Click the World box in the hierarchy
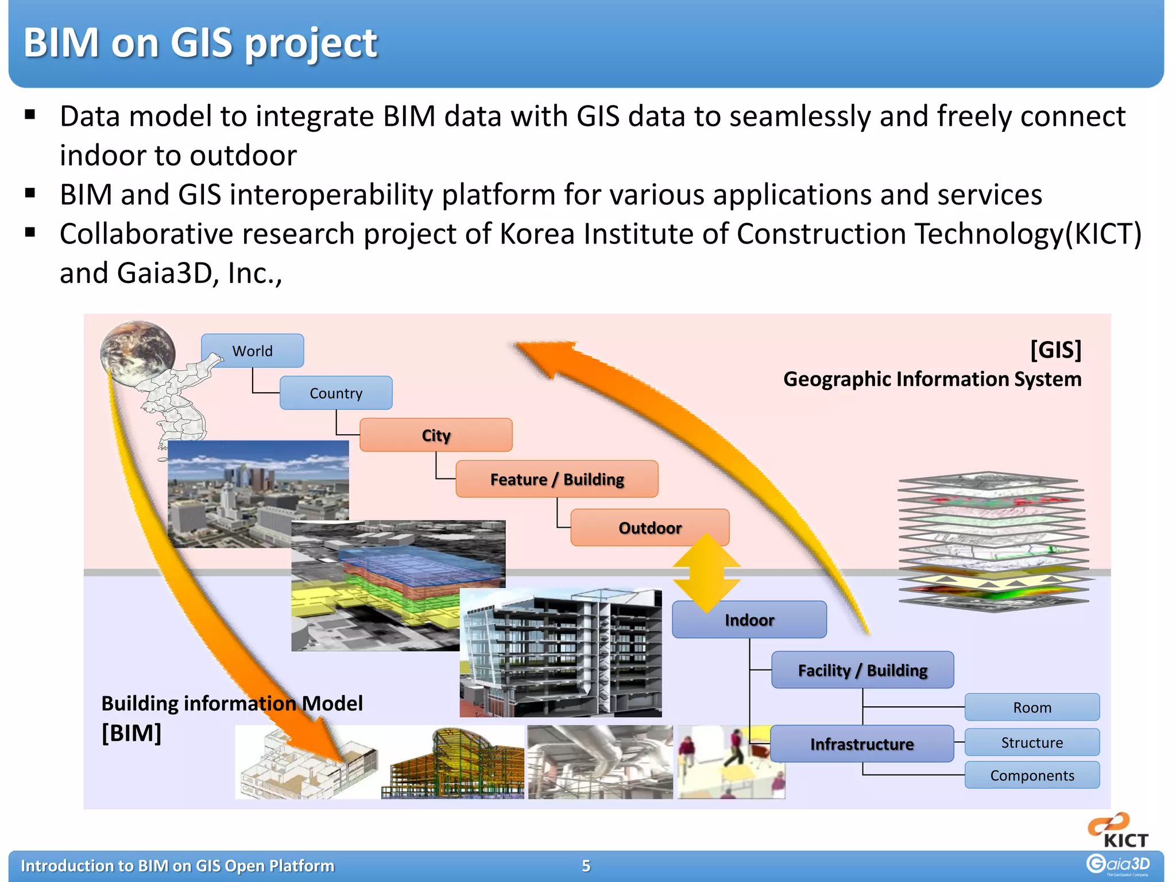(x=252, y=351)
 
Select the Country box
(x=336, y=393)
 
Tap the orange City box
(x=436, y=435)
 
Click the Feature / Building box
(x=556, y=479)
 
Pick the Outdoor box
(x=649, y=527)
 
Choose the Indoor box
(x=749, y=620)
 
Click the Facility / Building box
(x=862, y=670)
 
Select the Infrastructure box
(x=861, y=744)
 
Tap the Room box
(x=1032, y=707)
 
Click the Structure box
(x=1032, y=742)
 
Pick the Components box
(x=1032, y=776)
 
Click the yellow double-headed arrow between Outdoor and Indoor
(x=706, y=573)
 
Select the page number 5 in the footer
(x=586, y=866)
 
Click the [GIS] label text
(x=1055, y=350)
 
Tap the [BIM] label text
(x=131, y=733)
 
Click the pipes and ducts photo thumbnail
(x=600, y=762)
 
